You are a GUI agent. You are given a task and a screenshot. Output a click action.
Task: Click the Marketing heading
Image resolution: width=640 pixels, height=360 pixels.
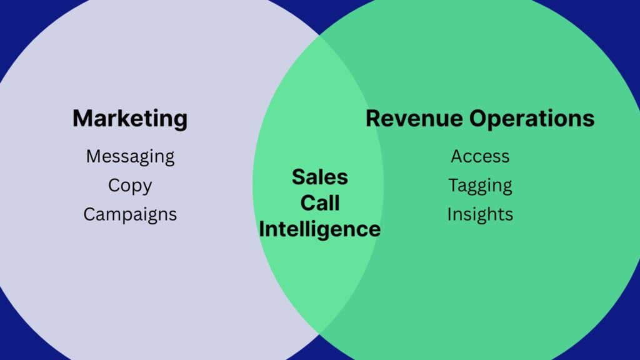tap(130, 119)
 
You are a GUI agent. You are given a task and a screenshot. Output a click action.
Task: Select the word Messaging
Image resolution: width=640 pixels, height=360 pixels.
tap(130, 157)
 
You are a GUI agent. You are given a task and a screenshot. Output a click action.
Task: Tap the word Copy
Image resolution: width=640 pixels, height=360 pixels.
tap(130, 186)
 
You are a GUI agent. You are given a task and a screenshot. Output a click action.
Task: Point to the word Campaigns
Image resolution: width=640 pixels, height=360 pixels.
tap(130, 215)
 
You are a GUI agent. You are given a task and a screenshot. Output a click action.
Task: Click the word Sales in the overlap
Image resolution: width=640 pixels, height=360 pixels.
tap(320, 177)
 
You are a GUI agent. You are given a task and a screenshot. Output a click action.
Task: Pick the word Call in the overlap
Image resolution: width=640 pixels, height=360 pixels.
tap(320, 203)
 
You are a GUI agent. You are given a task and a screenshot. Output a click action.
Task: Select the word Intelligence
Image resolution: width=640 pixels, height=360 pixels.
tap(319, 229)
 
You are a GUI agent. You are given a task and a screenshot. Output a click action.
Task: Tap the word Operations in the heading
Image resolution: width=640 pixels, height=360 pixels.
tap(531, 119)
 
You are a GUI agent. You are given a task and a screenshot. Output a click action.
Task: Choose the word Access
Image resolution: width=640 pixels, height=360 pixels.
tap(480, 156)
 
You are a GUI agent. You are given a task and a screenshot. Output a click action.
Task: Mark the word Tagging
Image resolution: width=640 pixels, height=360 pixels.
tap(480, 186)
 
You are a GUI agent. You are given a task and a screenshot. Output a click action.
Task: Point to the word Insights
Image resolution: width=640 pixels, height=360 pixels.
tap(480, 215)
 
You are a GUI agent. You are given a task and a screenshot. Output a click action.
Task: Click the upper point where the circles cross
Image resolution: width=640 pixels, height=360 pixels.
tap(319, 36)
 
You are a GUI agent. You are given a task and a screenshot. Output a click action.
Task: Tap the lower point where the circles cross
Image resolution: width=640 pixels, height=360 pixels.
tap(319, 331)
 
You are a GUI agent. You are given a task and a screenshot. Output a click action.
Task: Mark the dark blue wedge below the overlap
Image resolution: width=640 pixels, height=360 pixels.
tap(319, 349)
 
